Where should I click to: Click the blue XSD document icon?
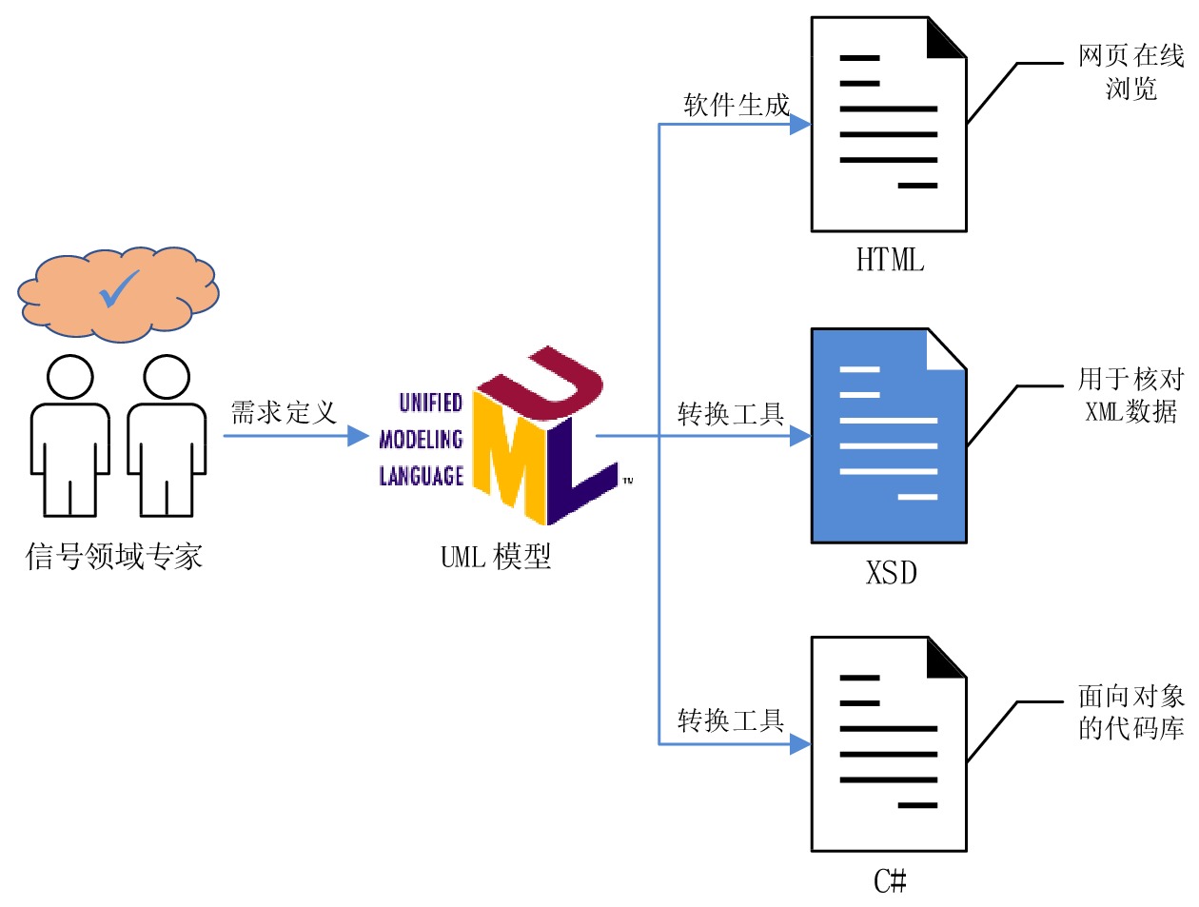click(x=888, y=436)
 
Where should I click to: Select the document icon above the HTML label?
click(x=888, y=125)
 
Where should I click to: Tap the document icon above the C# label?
click(x=888, y=743)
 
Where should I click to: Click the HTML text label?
click(x=890, y=260)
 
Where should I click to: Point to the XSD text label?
click(x=892, y=573)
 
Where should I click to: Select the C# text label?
click(x=890, y=881)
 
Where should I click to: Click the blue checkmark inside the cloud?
click(x=119, y=289)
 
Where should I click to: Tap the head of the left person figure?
click(x=70, y=378)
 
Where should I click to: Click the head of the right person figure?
click(x=167, y=378)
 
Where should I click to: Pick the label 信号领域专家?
click(x=114, y=557)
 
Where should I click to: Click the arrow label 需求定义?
click(x=284, y=413)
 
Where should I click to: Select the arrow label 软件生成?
click(x=737, y=105)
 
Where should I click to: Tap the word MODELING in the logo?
click(x=421, y=440)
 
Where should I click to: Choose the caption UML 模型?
click(x=496, y=557)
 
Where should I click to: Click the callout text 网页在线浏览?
click(x=1130, y=72)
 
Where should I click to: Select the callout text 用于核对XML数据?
click(x=1130, y=395)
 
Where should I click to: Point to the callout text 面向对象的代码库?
click(x=1130, y=712)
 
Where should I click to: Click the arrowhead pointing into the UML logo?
click(x=359, y=436)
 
